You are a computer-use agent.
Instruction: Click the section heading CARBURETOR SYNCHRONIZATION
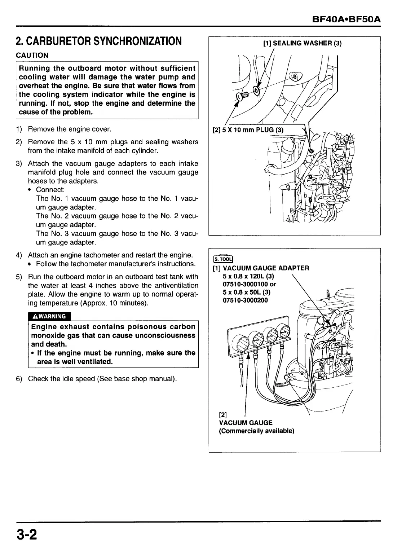coord(98,41)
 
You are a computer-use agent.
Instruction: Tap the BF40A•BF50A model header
coord(347,18)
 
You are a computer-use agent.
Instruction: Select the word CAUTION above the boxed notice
coord(32,55)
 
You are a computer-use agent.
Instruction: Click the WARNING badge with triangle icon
coord(49,316)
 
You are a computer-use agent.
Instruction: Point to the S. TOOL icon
coord(223,259)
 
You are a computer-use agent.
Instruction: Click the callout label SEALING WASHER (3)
coord(302,43)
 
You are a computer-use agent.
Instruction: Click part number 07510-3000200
coord(246,300)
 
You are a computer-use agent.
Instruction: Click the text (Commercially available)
coord(257,431)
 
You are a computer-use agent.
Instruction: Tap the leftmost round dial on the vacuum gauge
coord(239,342)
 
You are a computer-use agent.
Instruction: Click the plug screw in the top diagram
coord(242,96)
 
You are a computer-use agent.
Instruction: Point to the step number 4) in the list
coord(19,255)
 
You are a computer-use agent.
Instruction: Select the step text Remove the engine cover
coord(70,129)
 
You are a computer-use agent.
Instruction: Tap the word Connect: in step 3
coord(50,190)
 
